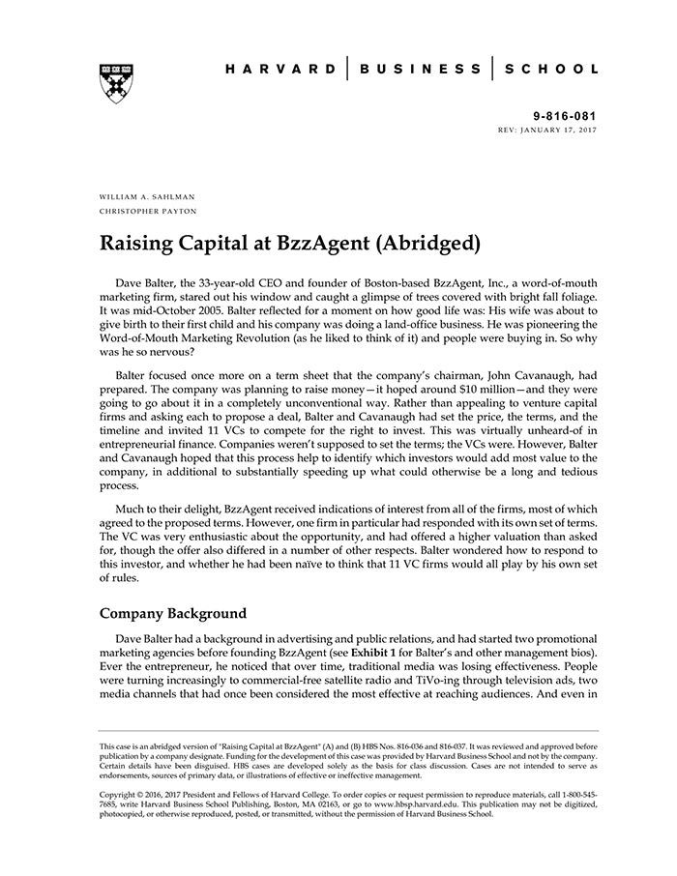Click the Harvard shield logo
116,83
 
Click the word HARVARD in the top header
281,70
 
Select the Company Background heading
174,613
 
